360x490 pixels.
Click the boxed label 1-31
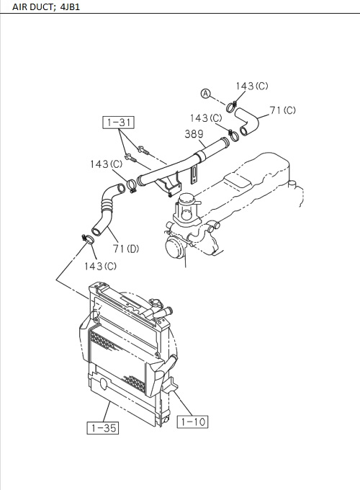118,122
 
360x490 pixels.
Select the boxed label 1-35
102,428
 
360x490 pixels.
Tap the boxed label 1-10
192,422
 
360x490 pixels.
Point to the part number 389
194,133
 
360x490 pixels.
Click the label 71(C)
283,110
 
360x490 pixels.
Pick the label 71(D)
127,249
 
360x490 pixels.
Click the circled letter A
205,94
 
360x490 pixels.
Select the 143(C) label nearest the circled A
252,86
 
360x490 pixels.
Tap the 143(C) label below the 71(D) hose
100,266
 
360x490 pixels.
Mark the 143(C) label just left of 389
206,117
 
